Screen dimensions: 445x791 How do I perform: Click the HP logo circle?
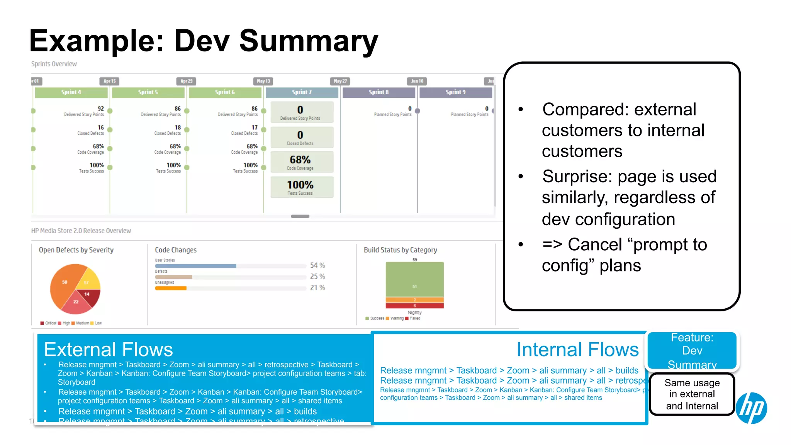pos(751,408)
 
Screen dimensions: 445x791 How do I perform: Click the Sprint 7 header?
pos(302,92)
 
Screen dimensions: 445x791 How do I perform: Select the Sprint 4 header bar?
pos(71,92)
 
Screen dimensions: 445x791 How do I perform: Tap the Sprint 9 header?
pos(455,92)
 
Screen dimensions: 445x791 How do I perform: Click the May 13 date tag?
pos(263,81)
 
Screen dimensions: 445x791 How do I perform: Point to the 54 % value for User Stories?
pos(317,265)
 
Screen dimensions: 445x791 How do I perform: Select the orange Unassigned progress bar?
pos(171,288)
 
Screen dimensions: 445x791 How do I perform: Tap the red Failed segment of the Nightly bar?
pos(414,306)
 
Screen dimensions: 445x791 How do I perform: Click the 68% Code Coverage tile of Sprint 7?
pos(302,162)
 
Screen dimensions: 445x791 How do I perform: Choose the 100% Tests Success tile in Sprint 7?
pos(302,187)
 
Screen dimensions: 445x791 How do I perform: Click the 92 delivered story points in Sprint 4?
pos(100,109)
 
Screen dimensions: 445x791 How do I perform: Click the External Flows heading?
pos(109,349)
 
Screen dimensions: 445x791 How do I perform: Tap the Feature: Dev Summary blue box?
pos(692,350)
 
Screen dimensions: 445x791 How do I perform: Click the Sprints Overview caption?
pos(54,64)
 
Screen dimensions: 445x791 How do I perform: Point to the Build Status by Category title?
pos(400,250)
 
